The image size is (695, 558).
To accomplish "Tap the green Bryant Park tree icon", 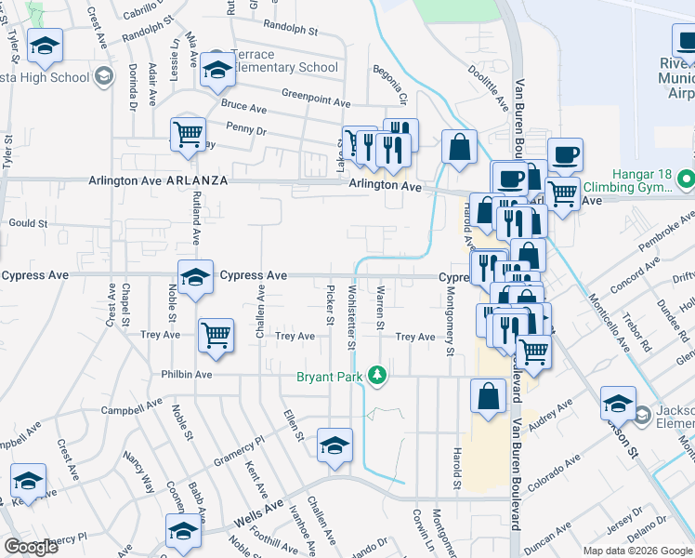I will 377,376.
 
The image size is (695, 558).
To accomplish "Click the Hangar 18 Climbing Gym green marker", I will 686,177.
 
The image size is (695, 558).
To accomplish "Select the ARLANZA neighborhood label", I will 197,181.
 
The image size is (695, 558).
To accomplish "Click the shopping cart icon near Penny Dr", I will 188,134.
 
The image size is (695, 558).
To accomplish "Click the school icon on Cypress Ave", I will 195,277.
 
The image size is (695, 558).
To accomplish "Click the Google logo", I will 32,547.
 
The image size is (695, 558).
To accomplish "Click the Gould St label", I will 28,223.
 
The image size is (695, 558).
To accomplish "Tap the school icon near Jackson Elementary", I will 617,404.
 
